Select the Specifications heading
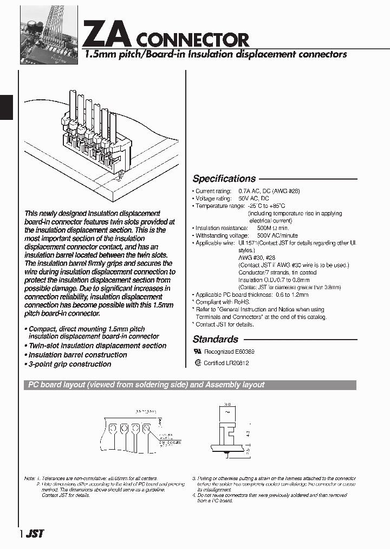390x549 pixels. (224, 178)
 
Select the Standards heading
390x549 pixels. (215, 339)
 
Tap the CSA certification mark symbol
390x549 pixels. (198, 363)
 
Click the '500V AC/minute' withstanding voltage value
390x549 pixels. (277, 236)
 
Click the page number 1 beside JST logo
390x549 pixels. (21, 534)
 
